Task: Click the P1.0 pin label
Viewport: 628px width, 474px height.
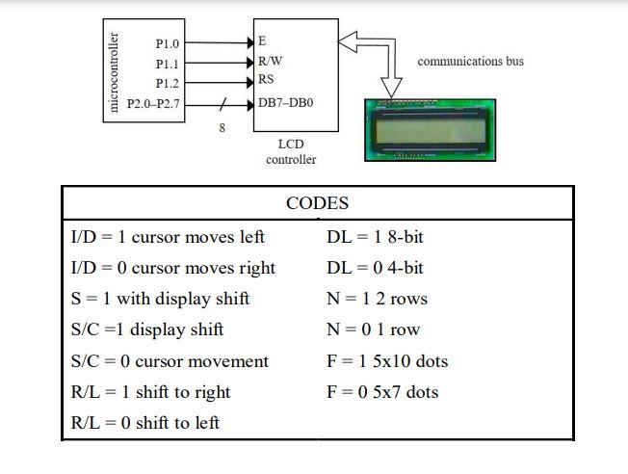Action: (167, 44)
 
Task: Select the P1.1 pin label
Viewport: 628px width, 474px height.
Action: (167, 65)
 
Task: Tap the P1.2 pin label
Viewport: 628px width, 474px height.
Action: (167, 84)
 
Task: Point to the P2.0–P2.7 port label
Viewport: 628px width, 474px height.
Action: (153, 102)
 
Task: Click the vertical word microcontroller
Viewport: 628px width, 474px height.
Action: (115, 73)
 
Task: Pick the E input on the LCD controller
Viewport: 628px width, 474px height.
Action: (262, 42)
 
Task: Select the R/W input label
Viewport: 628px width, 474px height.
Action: (270, 61)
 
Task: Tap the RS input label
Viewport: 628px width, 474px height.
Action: (266, 80)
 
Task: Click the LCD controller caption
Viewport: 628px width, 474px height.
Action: (291, 151)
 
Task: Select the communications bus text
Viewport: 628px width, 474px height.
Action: (470, 62)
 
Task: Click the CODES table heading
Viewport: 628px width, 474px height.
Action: (317, 203)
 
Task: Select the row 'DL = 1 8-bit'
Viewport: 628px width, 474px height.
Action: (375, 237)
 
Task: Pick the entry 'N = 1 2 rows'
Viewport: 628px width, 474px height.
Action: (377, 299)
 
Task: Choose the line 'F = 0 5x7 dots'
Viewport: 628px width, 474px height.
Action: (382, 392)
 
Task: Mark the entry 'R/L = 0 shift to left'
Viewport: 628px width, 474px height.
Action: (145, 423)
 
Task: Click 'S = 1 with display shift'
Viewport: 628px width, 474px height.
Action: (160, 299)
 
